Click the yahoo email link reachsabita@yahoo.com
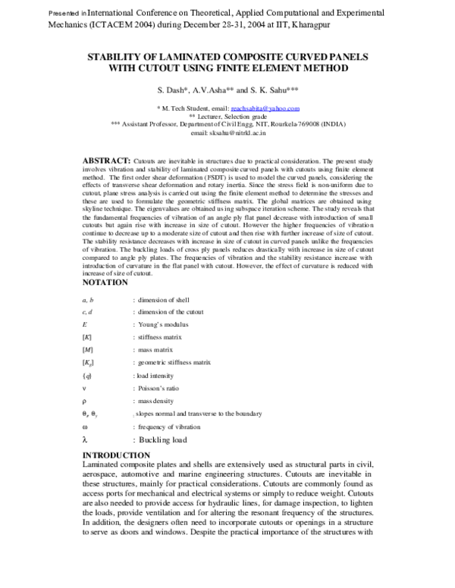(265, 109)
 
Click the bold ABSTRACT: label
(105, 162)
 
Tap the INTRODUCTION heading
(116, 455)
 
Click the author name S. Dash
(171, 89)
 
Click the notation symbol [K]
(86, 336)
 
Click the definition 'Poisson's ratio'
(158, 388)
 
